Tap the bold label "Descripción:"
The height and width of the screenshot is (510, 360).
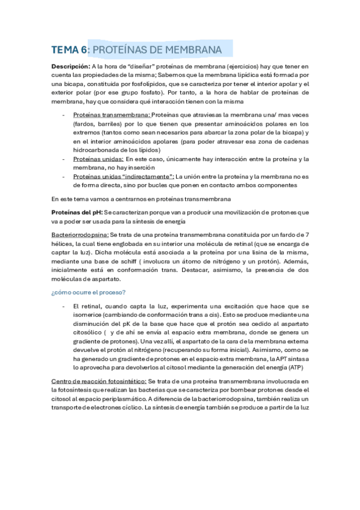[x=70, y=66]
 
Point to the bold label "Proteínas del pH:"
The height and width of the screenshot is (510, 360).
[x=77, y=212]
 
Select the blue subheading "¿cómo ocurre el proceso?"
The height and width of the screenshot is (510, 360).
[x=88, y=292]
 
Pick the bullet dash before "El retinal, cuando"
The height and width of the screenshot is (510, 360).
[x=64, y=307]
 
